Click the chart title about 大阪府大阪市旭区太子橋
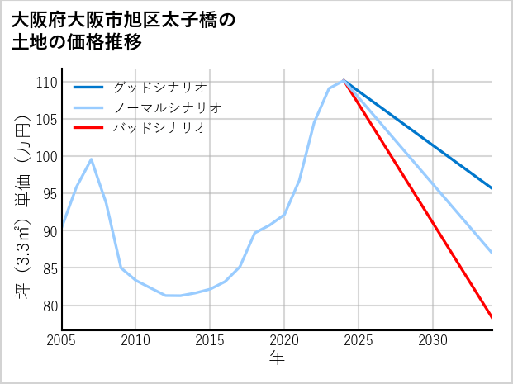[124, 31]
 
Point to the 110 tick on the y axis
[46, 83]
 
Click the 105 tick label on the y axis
[46, 120]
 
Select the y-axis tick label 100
[46, 157]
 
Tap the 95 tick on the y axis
[50, 194]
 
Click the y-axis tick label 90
[50, 231]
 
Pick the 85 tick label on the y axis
[50, 268]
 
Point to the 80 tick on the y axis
[50, 306]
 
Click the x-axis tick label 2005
[62, 340]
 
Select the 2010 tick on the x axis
[136, 340]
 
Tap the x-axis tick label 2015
[210, 340]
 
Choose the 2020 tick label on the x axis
[284, 340]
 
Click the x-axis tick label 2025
[359, 340]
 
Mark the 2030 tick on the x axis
[433, 340]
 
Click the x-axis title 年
[278, 358]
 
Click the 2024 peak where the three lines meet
[344, 80]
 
